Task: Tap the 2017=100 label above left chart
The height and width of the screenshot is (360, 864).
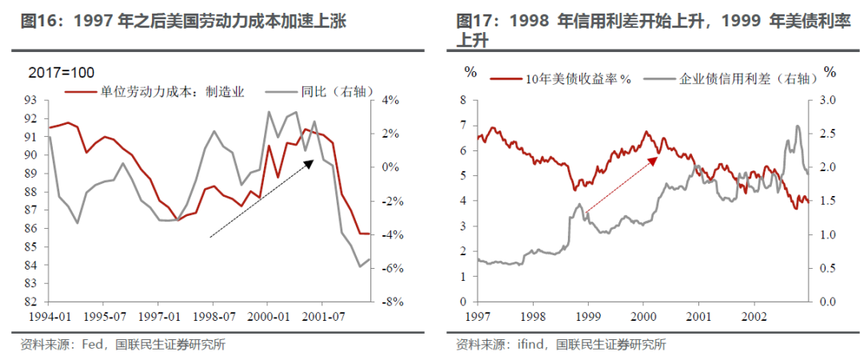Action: [62, 73]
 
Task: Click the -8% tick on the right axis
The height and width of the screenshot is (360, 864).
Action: [390, 302]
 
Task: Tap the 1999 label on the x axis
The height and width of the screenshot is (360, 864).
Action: [588, 318]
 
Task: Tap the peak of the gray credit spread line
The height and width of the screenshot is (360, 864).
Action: [797, 126]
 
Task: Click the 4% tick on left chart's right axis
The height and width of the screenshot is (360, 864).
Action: [390, 100]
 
